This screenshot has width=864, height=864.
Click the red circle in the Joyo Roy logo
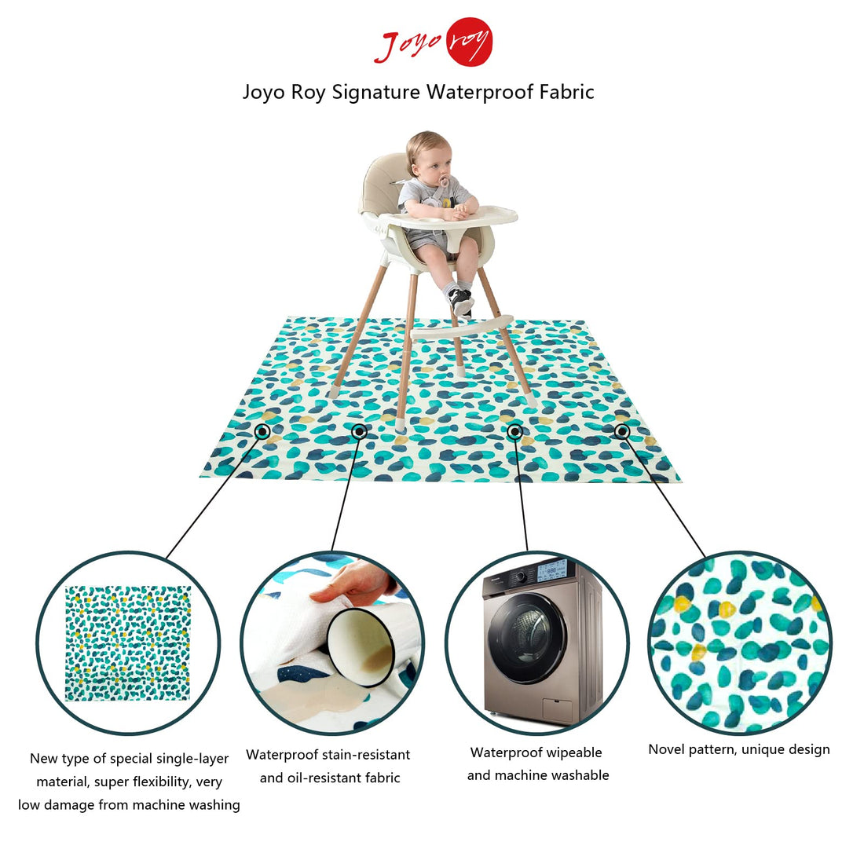[x=469, y=42]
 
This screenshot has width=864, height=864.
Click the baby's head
[x=429, y=156]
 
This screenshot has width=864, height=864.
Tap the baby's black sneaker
[x=460, y=301]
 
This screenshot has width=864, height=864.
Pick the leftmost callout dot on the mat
[x=262, y=431]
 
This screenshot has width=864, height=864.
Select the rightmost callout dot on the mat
[x=621, y=430]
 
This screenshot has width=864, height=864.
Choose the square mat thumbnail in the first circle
[x=128, y=643]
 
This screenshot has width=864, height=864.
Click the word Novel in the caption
[x=666, y=749]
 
